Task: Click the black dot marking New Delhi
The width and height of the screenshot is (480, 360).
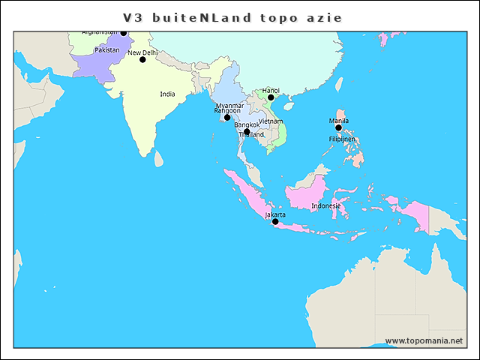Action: tap(142, 59)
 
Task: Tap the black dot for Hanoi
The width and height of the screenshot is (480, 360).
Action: tap(271, 97)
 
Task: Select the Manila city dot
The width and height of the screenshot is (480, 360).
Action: tap(338, 127)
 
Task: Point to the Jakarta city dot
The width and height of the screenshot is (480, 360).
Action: tap(275, 221)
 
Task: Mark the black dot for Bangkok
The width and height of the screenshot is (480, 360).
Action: tap(247, 132)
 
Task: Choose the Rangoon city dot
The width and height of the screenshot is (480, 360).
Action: tap(227, 118)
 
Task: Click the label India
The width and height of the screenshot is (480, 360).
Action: tap(167, 94)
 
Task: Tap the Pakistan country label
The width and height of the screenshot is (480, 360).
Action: tap(107, 49)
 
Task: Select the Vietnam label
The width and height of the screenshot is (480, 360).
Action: tap(270, 121)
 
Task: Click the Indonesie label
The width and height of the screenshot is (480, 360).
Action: tap(326, 205)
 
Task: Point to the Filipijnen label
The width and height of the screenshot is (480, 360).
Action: tap(341, 139)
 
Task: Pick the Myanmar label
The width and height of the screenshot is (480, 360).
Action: tap(229, 105)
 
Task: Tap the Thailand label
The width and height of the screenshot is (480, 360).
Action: tap(251, 135)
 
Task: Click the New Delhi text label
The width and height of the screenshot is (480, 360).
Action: tap(142, 53)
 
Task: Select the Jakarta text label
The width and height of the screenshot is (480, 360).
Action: tap(275, 214)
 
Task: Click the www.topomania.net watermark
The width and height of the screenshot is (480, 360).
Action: tap(424, 340)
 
